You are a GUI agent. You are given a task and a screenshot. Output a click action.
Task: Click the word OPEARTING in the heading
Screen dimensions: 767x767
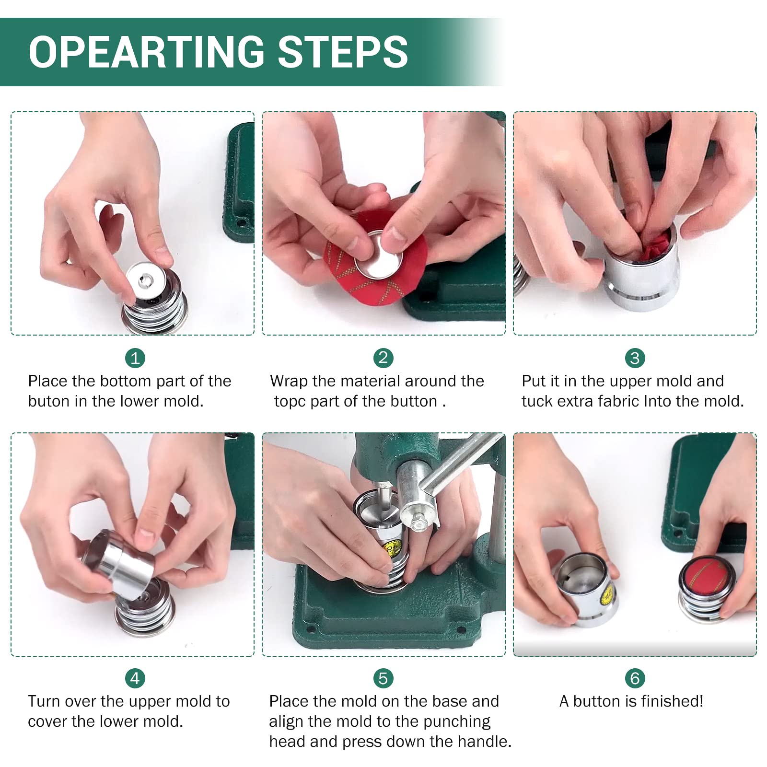(x=146, y=52)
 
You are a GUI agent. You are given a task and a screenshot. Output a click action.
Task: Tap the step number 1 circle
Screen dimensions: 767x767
(x=135, y=358)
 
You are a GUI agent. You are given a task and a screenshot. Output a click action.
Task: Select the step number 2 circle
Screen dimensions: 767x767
(x=383, y=358)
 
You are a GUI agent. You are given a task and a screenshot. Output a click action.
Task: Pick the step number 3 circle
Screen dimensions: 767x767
(x=635, y=358)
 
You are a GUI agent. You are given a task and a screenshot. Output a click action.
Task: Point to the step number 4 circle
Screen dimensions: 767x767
(x=135, y=678)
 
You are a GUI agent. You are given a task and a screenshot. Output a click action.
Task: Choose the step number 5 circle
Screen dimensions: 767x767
(x=383, y=678)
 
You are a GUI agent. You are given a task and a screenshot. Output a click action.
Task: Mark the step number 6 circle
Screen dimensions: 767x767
(x=635, y=678)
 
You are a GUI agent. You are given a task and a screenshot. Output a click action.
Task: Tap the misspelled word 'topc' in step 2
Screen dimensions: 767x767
(x=290, y=402)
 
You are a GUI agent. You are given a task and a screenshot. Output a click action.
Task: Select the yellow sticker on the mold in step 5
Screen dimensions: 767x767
(x=393, y=548)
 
